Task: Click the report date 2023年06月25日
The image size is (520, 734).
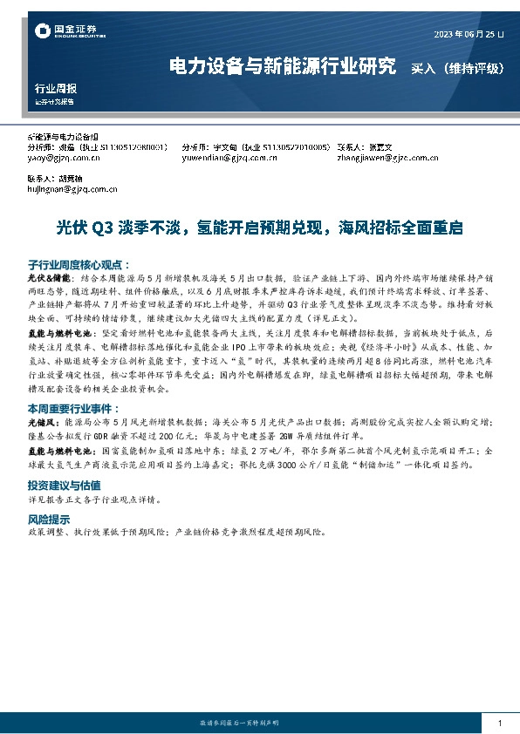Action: [468, 35]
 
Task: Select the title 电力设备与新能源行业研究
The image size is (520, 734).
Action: [282, 66]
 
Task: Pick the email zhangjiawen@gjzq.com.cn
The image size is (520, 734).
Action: [387, 159]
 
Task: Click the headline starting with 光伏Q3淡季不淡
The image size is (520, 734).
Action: [259, 228]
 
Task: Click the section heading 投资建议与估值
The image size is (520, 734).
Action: [65, 484]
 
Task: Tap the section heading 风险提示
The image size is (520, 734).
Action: [45, 518]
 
